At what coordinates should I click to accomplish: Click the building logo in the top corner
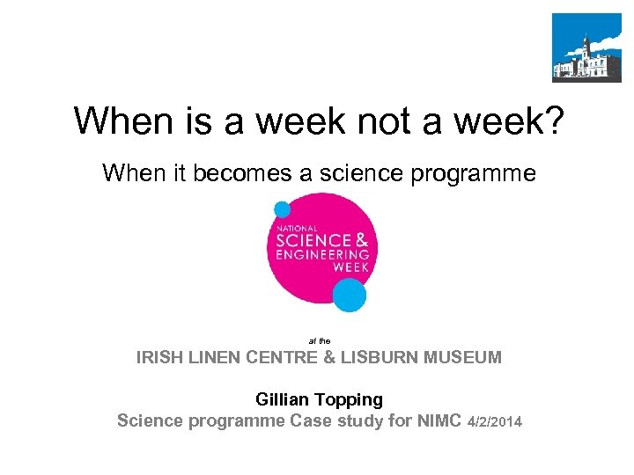click(586, 47)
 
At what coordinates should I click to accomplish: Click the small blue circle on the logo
click(282, 209)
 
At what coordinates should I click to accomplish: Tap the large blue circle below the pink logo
click(350, 296)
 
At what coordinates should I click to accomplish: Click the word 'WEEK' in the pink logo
click(354, 268)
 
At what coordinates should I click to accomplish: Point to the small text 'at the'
click(319, 339)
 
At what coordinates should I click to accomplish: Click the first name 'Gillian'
click(284, 399)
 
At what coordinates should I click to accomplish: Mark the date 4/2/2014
click(496, 422)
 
